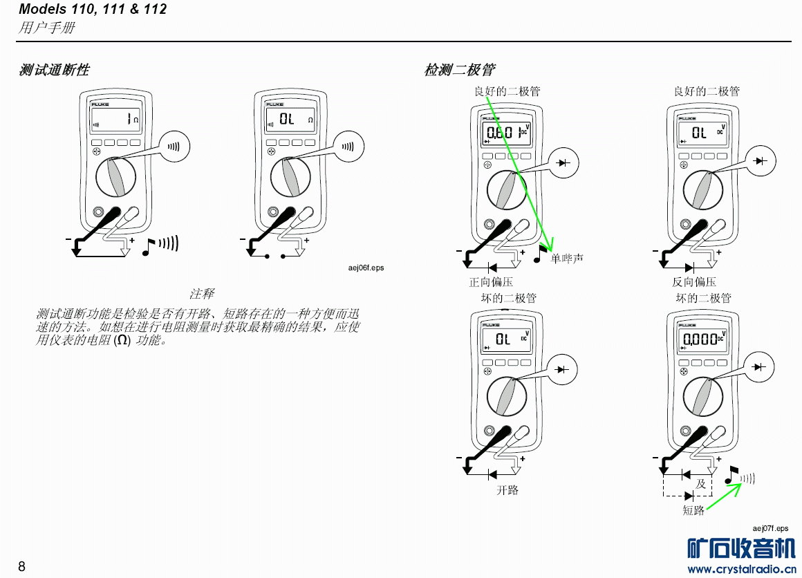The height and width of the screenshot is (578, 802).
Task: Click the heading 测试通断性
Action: click(x=54, y=70)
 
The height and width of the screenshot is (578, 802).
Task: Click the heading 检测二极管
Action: click(x=459, y=70)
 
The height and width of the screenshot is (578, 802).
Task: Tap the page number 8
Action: click(x=21, y=567)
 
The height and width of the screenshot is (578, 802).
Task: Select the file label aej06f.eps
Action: click(x=365, y=268)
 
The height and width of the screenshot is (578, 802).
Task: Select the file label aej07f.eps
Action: click(x=770, y=528)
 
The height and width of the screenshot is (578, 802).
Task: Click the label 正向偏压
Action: click(x=491, y=282)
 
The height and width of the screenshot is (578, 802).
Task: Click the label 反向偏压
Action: click(x=694, y=282)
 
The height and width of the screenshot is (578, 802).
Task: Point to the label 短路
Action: click(x=693, y=510)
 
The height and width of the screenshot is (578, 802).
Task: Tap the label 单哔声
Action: click(x=567, y=259)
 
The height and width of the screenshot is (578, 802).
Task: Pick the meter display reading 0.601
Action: click(x=502, y=132)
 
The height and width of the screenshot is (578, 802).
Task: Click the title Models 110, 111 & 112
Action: click(x=92, y=10)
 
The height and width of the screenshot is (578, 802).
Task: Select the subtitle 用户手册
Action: click(x=47, y=28)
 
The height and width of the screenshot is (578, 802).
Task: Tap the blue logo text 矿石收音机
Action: click(x=741, y=548)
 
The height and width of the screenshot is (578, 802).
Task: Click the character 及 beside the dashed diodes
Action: click(x=701, y=484)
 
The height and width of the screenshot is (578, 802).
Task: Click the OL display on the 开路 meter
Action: click(x=503, y=339)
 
